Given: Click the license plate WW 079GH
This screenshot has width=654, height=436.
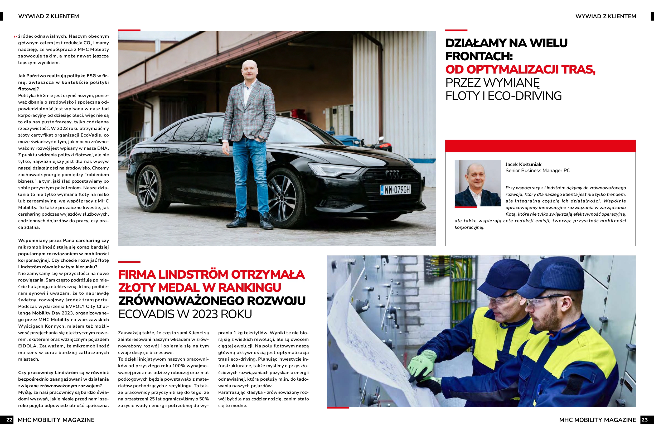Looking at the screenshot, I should [x=396, y=190].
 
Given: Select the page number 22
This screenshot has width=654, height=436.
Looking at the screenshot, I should [x=9, y=420].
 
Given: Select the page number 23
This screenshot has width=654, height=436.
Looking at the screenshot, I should [x=645, y=420].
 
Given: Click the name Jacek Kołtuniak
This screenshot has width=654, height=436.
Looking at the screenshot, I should [x=523, y=164].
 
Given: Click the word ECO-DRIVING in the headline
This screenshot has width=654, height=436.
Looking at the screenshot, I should [x=525, y=96].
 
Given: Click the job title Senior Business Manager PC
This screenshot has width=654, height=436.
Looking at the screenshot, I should [x=537, y=171].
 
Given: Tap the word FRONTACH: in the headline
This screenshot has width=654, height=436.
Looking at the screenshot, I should [x=479, y=56].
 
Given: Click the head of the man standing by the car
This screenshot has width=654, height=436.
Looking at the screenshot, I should [x=249, y=70].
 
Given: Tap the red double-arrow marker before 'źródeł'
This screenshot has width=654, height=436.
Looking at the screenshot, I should [x=15, y=36].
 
